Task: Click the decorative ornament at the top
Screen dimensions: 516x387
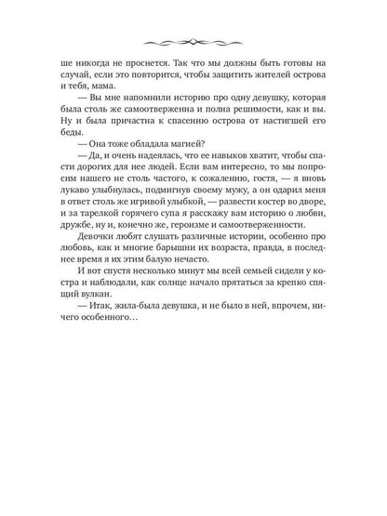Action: (x=193, y=41)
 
